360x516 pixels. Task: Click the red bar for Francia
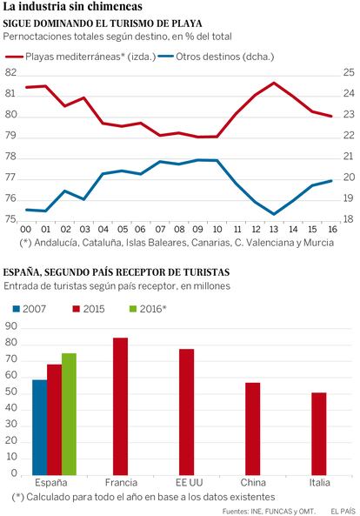click(120, 406)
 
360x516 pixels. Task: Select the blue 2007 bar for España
click(39, 427)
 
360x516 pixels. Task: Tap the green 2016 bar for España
click(69, 414)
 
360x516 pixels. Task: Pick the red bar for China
click(252, 429)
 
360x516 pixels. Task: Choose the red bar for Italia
click(319, 433)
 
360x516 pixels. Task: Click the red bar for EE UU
click(186, 412)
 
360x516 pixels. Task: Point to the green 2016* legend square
click(133, 309)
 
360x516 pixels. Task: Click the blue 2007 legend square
click(17, 309)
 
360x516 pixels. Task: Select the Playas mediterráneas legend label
click(90, 57)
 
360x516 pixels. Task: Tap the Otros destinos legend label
click(225, 57)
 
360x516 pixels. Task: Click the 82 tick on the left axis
click(10, 72)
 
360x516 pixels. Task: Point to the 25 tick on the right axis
click(349, 72)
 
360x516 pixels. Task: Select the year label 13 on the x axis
click(274, 229)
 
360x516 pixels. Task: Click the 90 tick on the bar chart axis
click(10, 326)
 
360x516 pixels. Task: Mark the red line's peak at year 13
click(274, 83)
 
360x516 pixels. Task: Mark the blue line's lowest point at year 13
click(274, 214)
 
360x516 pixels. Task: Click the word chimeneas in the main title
click(115, 7)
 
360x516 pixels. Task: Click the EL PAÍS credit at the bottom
click(343, 511)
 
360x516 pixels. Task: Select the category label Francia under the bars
click(121, 483)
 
